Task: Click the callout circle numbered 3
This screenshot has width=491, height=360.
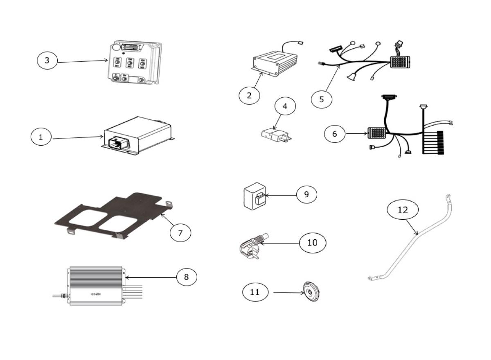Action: pyautogui.click(x=47, y=61)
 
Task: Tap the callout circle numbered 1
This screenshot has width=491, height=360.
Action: pyautogui.click(x=41, y=137)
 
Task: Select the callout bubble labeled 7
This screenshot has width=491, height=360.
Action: pyautogui.click(x=180, y=232)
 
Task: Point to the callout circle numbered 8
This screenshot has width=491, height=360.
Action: pyautogui.click(x=187, y=277)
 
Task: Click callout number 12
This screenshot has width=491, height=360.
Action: pyautogui.click(x=403, y=210)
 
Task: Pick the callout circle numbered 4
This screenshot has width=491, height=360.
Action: pyautogui.click(x=285, y=106)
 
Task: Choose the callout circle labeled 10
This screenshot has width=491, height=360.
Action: pyautogui.click(x=312, y=243)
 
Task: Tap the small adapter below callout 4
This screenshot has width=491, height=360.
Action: pyautogui.click(x=275, y=135)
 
